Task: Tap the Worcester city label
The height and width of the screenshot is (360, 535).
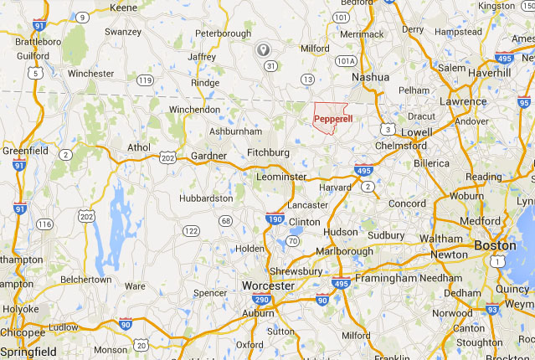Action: (267, 286)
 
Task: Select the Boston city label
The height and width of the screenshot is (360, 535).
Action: (494, 245)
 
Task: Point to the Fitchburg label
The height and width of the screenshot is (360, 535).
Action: (268, 152)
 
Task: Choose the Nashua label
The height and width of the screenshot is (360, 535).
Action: (370, 76)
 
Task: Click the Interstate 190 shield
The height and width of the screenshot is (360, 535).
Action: (275, 219)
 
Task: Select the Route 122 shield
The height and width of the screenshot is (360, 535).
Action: (191, 230)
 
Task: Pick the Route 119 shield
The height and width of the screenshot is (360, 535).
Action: (147, 80)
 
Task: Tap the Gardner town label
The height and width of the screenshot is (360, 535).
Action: (208, 156)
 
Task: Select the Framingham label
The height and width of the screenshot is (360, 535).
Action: (385, 277)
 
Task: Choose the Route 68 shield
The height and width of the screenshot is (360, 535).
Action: (226, 221)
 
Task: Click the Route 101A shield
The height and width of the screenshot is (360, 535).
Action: (346, 61)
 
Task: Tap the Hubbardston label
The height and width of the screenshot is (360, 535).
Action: (205, 198)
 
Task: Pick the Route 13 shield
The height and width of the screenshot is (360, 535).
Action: (308, 79)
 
